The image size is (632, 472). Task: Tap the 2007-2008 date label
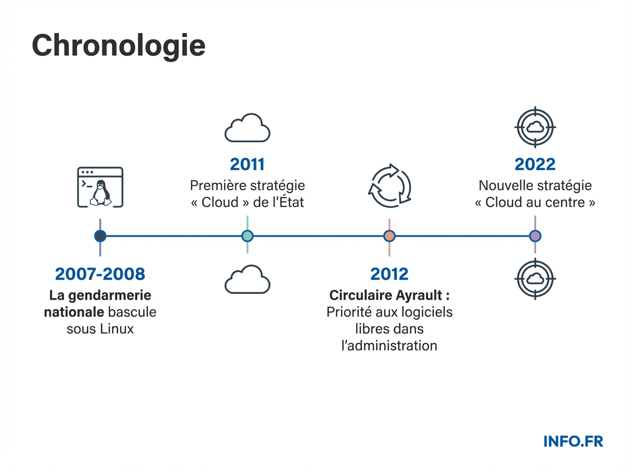point(100,274)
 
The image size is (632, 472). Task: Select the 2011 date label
point(247,164)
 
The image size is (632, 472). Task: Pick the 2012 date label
point(389,274)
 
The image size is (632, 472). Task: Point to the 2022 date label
point(535,164)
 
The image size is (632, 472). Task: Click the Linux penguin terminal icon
point(100,187)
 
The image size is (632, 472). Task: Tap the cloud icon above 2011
point(247,128)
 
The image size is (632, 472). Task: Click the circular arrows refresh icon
point(389,186)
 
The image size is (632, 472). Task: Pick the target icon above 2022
point(535,127)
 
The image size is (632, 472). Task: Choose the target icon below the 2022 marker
point(535,279)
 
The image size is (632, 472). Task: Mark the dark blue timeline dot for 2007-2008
point(100,236)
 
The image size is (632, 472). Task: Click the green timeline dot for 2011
point(247,236)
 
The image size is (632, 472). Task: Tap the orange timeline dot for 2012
point(389,236)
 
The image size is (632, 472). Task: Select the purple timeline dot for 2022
point(535,236)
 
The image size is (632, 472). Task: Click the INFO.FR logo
point(573,441)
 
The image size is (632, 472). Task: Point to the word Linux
point(116,330)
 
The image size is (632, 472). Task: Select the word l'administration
point(389,346)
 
